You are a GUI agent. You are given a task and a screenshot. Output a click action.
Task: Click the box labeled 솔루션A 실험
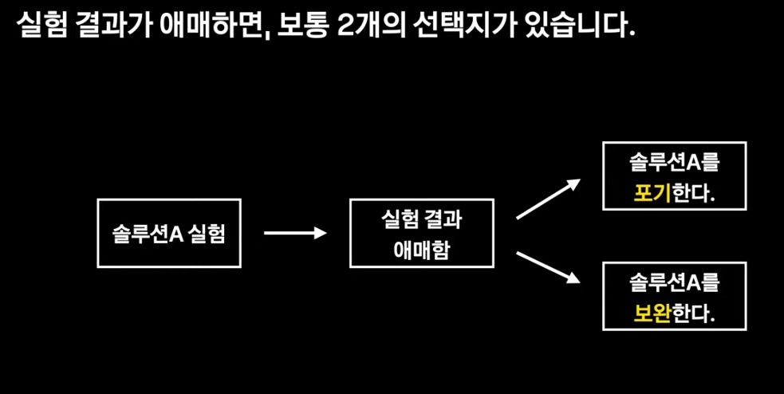168,233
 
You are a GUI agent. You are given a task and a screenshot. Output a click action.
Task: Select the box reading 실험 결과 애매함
421,233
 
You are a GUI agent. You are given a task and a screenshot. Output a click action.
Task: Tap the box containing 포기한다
674,176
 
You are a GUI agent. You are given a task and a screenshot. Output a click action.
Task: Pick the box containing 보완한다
674,296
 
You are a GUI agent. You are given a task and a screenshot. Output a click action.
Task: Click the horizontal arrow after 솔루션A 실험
295,233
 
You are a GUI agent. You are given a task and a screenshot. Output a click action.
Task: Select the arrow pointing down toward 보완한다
548,267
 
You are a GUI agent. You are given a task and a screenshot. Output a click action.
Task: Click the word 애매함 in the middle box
421,250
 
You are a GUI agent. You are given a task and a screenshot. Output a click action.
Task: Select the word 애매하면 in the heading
216,26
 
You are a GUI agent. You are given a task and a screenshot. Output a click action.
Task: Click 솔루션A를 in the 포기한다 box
674,162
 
